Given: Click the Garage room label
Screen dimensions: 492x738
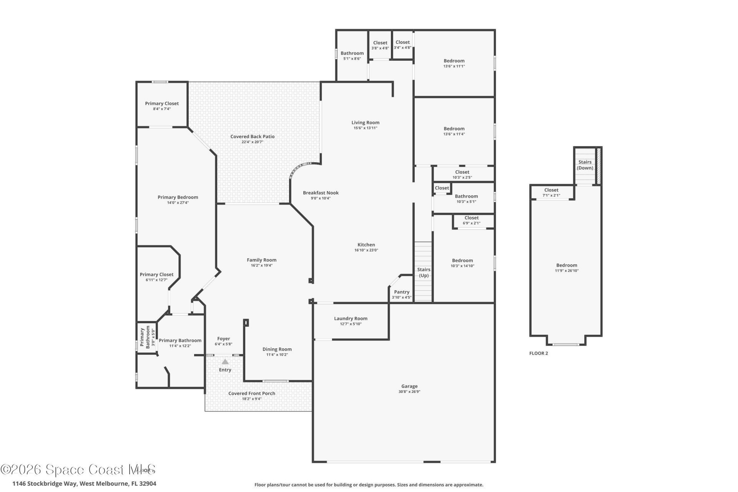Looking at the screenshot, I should [409, 386].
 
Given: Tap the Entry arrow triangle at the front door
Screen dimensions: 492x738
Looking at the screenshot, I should [225, 362].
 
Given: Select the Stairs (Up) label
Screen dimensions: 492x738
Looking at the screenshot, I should [424, 272].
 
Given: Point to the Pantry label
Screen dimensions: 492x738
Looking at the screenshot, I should [402, 292].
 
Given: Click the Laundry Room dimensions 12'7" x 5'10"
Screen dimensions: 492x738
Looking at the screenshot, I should [351, 324].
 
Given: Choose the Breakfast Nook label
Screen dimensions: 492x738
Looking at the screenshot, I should [321, 193].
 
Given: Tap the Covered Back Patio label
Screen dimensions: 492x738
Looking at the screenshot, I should [253, 136].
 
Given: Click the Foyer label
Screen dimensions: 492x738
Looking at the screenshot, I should [223, 339].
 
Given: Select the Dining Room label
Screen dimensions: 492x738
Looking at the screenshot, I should [277, 349].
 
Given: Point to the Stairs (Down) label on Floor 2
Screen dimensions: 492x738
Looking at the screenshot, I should [585, 165].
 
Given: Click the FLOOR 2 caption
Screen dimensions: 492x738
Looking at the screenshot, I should [539, 353].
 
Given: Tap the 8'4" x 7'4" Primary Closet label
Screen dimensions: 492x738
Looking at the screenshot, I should [162, 103].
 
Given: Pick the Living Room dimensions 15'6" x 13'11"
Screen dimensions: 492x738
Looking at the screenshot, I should [365, 128].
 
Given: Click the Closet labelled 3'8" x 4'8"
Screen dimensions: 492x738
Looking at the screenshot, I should [380, 43].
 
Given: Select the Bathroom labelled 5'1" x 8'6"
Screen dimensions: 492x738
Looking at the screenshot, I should [352, 53].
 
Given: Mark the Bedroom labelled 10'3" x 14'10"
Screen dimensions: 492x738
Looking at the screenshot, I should [462, 260].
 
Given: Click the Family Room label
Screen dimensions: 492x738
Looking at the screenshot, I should [261, 260].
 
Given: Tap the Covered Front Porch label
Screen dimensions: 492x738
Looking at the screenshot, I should [252, 393].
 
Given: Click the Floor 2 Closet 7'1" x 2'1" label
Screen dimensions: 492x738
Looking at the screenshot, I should [551, 190].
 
